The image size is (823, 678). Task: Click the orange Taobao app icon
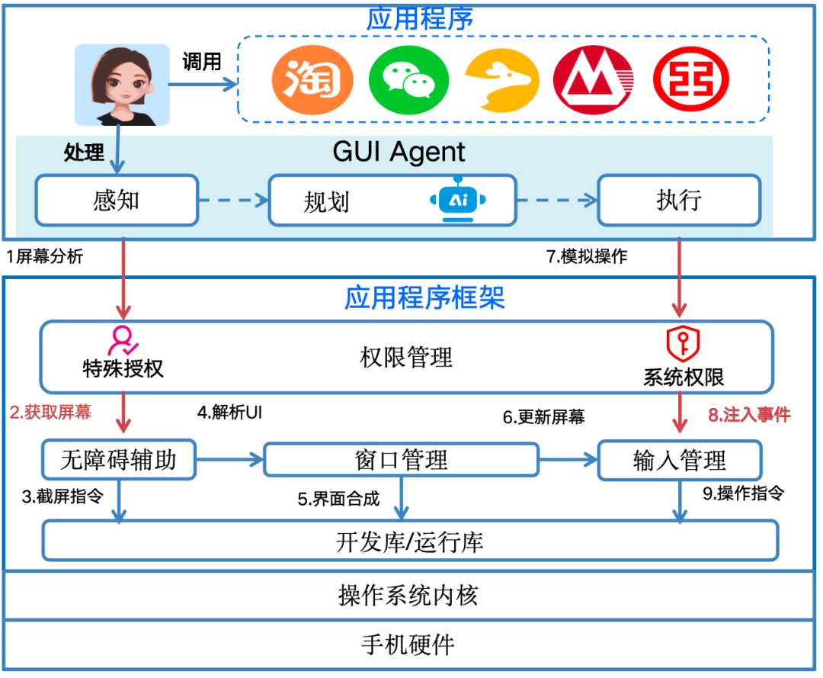tap(312, 80)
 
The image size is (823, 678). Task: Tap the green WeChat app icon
tap(404, 80)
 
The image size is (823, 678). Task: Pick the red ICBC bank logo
tap(690, 80)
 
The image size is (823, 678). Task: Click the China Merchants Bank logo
tap(594, 80)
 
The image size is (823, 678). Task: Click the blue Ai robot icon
tap(457, 199)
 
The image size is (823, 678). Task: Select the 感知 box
tap(117, 201)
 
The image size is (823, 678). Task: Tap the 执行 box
tap(678, 201)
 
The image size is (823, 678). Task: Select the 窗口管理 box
tap(401, 460)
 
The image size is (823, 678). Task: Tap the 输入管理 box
tap(679, 460)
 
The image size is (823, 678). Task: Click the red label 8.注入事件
tap(749, 415)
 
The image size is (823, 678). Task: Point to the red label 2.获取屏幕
tap(50, 413)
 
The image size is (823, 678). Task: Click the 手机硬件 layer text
tap(408, 644)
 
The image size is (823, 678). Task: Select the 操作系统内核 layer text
tap(408, 595)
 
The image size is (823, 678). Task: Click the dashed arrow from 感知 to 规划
tap(233, 201)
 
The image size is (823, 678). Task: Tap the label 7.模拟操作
tap(587, 257)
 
